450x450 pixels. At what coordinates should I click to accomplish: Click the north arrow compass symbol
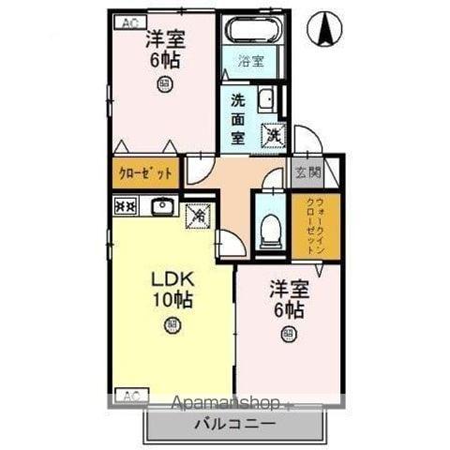click(326, 29)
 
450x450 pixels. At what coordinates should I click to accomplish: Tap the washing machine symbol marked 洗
click(272, 134)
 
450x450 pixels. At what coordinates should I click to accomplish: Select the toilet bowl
click(269, 228)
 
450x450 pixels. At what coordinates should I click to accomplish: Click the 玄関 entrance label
click(307, 172)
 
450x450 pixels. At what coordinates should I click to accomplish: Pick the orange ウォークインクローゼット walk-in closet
click(307, 226)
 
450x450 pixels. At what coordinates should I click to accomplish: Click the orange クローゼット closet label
click(145, 173)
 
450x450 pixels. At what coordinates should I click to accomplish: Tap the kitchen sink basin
click(162, 205)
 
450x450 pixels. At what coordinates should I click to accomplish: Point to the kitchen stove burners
click(125, 205)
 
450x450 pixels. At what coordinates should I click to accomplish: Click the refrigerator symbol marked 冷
click(199, 216)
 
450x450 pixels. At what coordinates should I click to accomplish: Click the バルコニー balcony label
click(234, 423)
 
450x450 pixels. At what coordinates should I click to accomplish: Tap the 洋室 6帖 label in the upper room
click(164, 51)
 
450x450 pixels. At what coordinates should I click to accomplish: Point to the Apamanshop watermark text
click(226, 404)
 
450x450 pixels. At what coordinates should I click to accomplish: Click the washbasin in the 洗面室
click(265, 97)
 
